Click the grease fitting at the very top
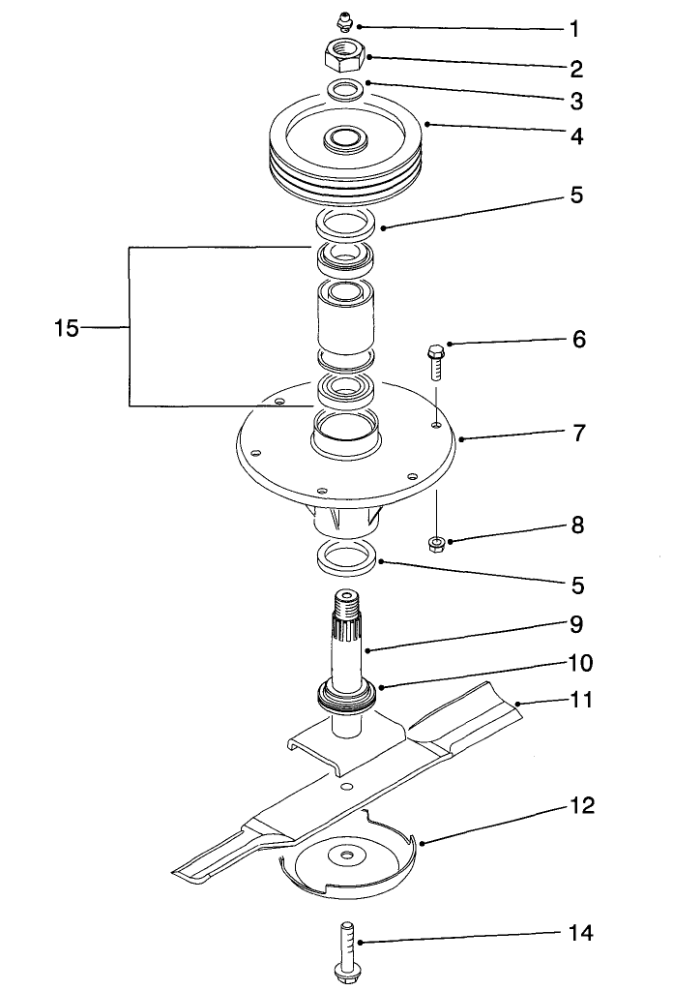click(x=343, y=21)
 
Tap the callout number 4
click(x=575, y=136)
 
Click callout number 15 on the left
click(x=66, y=328)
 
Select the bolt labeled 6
click(x=434, y=363)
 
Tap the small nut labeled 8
click(x=435, y=541)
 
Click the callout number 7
click(x=578, y=433)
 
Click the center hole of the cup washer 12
click(x=345, y=855)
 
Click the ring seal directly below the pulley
click(x=345, y=225)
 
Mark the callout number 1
click(x=575, y=29)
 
